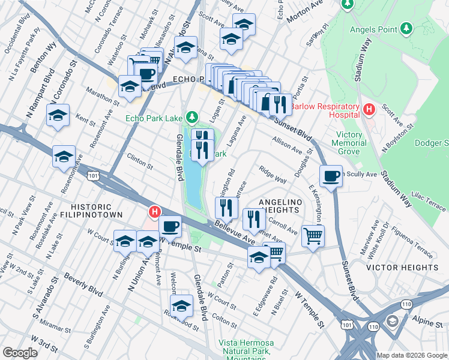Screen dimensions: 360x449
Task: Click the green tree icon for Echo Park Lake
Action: coord(191,116)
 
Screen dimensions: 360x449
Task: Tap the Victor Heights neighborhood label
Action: coord(402,267)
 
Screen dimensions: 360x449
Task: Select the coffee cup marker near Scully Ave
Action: coord(331,176)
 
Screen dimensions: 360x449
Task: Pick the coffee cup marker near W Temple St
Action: coord(171,226)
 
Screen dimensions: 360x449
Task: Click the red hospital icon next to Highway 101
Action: coord(154,212)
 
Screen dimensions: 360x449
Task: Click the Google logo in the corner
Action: coord(19,353)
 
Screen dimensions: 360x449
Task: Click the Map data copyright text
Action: coord(411,355)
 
